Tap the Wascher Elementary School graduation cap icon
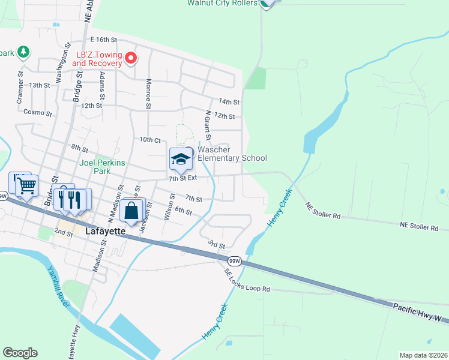click(x=181, y=159)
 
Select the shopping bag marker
click(x=131, y=211)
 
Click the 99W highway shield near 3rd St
click(x=235, y=260)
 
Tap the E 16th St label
click(x=103, y=39)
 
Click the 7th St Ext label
click(x=182, y=178)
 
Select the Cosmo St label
click(x=35, y=112)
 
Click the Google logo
click(x=20, y=353)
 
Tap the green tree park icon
click(x=23, y=52)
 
